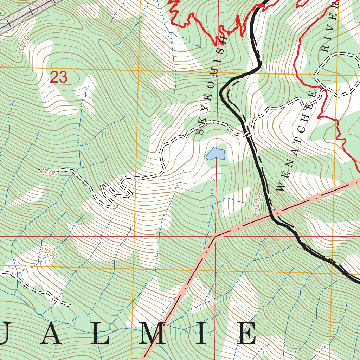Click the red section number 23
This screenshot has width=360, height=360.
(x=58, y=77)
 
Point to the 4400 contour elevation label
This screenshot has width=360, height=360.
(x=48, y=172)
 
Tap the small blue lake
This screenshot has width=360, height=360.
(x=216, y=154)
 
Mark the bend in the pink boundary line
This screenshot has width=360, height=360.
(x=215, y=235)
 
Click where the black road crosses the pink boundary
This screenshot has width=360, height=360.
(x=272, y=213)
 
